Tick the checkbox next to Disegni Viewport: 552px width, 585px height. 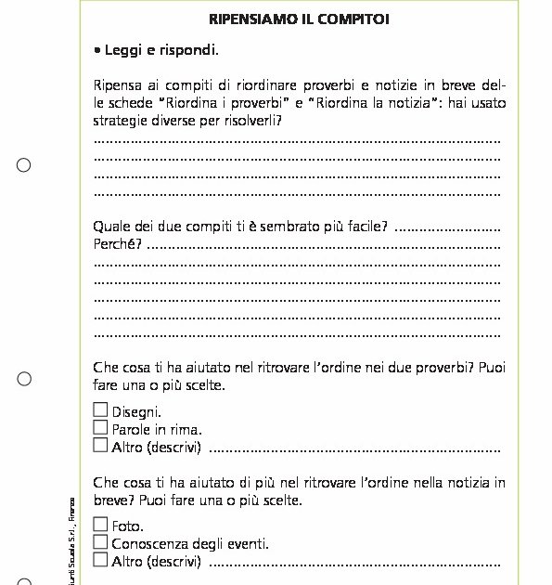click(x=100, y=409)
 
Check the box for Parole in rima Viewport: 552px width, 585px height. click(x=100, y=427)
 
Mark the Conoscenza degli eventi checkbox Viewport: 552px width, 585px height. click(x=100, y=542)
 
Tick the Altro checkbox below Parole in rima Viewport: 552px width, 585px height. click(x=100, y=445)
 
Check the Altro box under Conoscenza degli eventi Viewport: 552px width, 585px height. click(x=100, y=560)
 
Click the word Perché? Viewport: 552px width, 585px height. click(x=118, y=244)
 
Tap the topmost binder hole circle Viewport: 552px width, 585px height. click(x=24, y=165)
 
